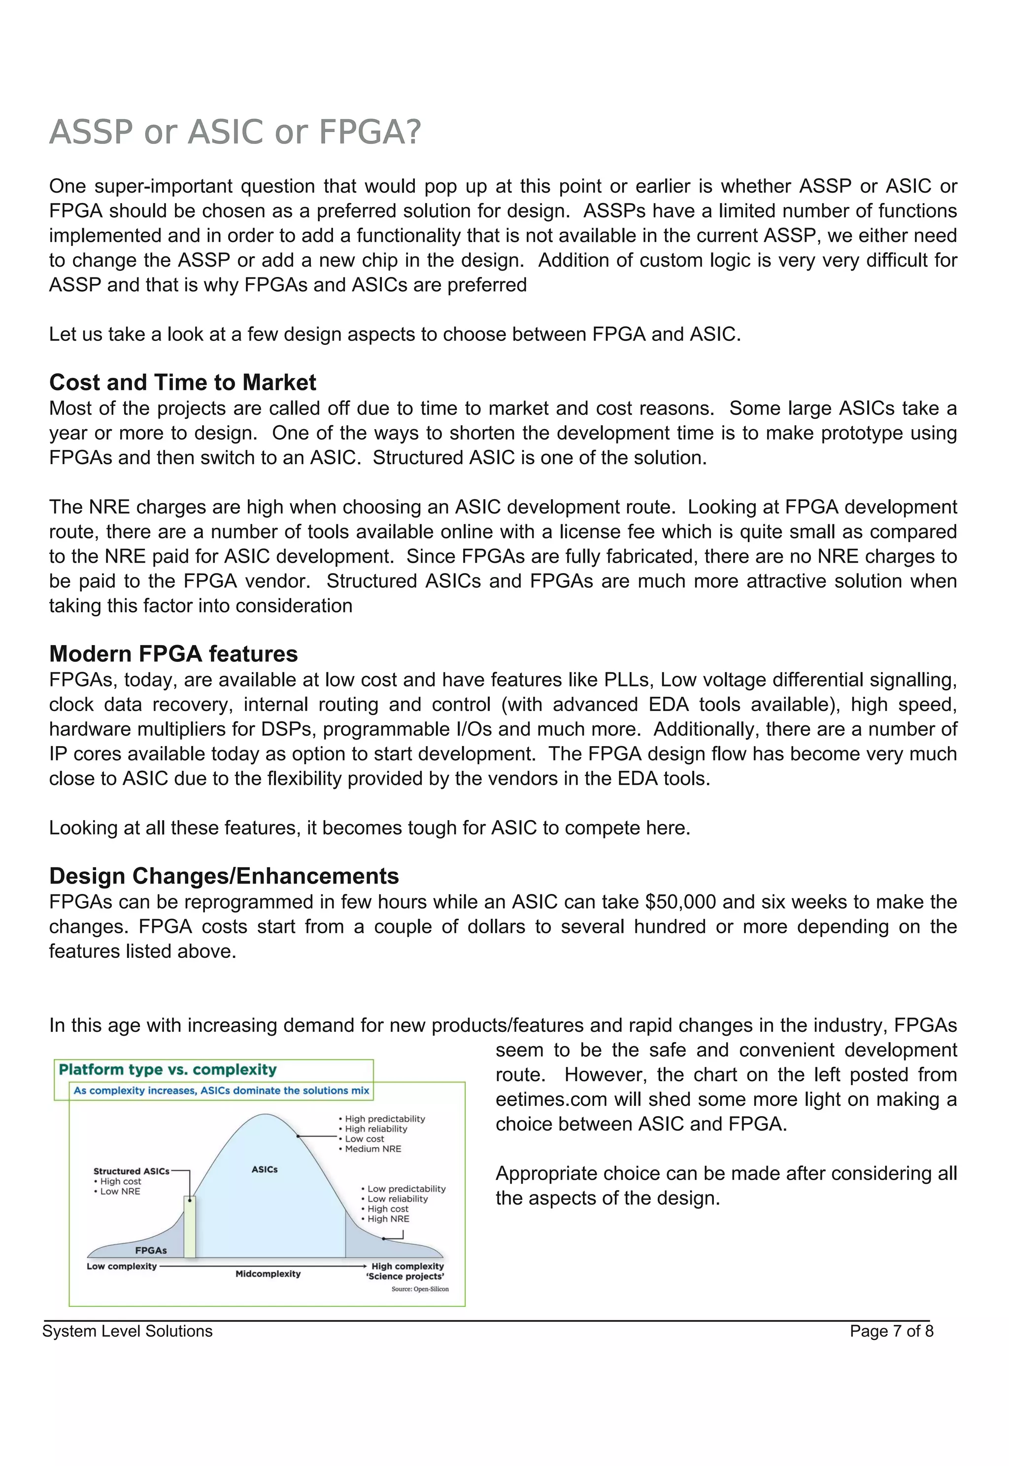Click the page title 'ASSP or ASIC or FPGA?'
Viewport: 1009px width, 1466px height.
[x=235, y=132]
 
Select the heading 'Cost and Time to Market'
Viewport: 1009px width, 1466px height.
[x=183, y=382]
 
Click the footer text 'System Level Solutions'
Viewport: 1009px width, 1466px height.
[x=127, y=1330]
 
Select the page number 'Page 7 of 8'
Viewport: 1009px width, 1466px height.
[x=891, y=1330]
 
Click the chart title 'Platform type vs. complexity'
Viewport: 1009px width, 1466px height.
[x=168, y=1070]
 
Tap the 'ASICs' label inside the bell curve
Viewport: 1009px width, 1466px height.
[x=264, y=1169]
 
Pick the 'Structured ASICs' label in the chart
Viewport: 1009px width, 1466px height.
[x=132, y=1171]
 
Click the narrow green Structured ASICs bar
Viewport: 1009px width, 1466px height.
[x=190, y=1227]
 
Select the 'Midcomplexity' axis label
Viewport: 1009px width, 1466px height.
[x=268, y=1274]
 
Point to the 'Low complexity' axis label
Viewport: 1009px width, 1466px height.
[x=121, y=1266]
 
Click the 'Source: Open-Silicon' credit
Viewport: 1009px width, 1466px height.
[x=420, y=1289]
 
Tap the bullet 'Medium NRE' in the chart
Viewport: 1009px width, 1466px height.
[x=373, y=1149]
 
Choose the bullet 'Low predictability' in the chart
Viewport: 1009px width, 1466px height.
[x=406, y=1189]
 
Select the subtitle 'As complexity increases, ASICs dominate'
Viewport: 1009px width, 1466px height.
[x=221, y=1091]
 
